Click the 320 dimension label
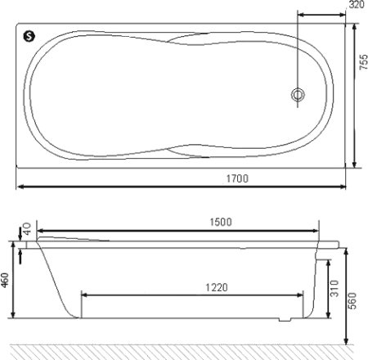click(x=356, y=6)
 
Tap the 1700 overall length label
click(x=237, y=178)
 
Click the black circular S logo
click(x=29, y=35)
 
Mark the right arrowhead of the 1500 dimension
click(x=316, y=231)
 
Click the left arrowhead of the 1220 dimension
click(x=84, y=295)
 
